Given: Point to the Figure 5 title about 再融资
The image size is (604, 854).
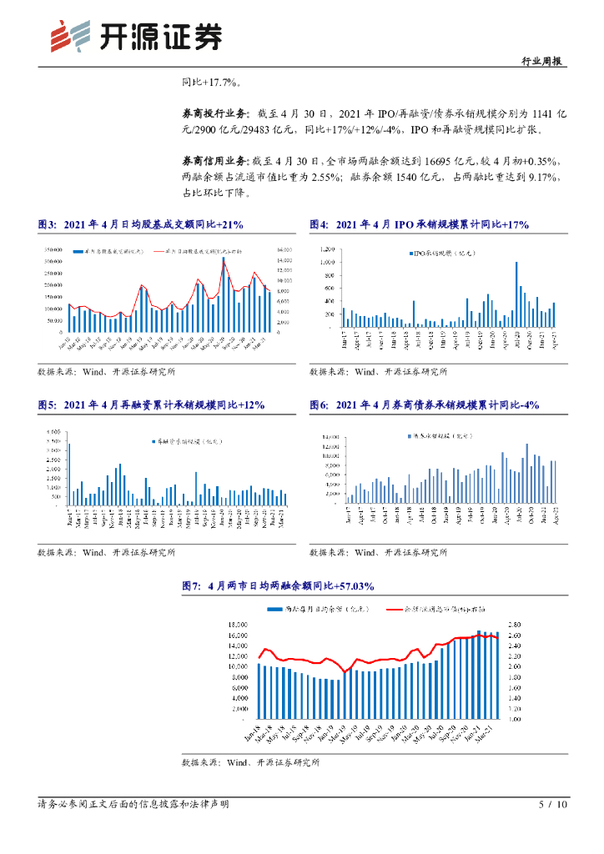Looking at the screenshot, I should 151,404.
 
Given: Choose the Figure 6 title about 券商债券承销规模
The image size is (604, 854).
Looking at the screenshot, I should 424,404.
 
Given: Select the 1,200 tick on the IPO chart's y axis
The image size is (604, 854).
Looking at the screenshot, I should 328,249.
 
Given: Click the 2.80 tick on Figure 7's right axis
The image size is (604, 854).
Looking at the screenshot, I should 515,625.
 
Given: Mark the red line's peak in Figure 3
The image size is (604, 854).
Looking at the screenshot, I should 224,258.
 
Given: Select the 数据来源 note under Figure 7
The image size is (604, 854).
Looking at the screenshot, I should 250,762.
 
